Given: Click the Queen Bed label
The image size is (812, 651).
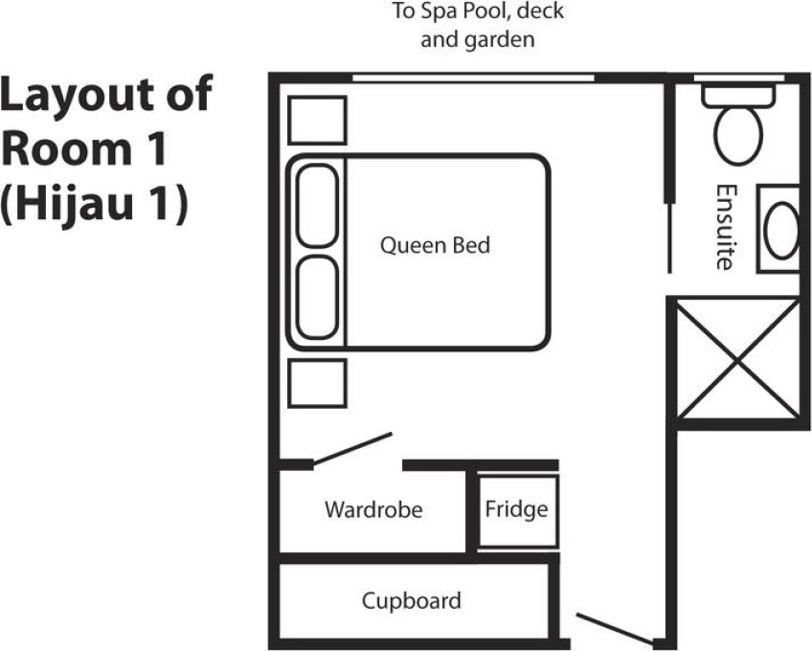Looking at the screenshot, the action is tap(435, 245).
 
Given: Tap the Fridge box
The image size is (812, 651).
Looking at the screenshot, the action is tap(517, 511).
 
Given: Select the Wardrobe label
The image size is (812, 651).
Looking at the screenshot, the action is tap(373, 509).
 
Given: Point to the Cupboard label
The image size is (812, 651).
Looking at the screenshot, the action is tap(411, 602).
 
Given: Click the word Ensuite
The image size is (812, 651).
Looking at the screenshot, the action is tap(726, 227).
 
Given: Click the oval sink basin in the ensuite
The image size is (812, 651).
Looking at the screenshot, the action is tap(781, 231).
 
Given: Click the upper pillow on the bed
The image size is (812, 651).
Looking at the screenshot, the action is tap(318, 206).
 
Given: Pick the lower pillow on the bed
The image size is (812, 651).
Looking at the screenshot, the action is tap(318, 298).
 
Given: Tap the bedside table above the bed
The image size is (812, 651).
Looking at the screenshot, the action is tap(317, 121).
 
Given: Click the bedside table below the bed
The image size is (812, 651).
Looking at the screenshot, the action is tap(317, 383).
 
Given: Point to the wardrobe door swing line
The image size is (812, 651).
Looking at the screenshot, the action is tap(352, 448).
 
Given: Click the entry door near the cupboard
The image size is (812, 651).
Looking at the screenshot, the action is tap(615, 628).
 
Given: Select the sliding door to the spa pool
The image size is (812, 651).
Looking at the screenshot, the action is tap(473, 79).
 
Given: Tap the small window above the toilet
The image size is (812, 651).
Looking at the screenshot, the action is tap(739, 79).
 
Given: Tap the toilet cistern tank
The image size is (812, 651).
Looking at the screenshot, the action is tap(738, 96).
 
